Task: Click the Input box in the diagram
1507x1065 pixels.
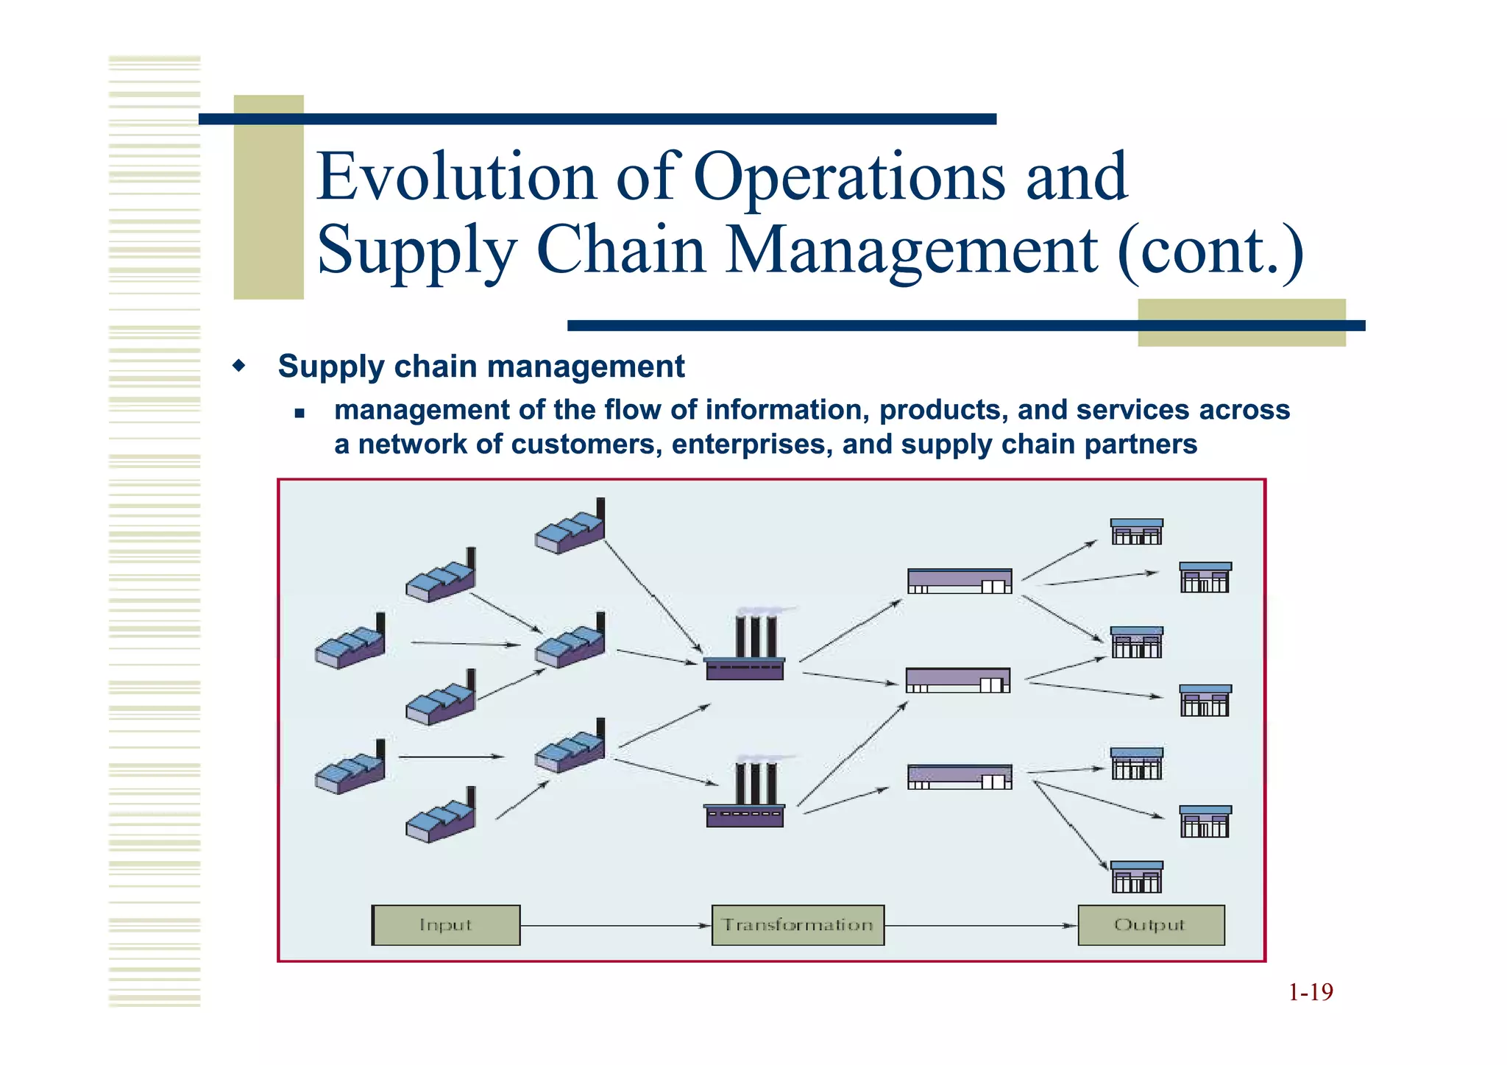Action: [x=446, y=925]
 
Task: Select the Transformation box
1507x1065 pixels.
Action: [x=798, y=925]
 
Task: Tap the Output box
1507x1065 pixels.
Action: [x=1151, y=925]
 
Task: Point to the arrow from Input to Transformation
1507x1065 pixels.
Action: [x=615, y=925]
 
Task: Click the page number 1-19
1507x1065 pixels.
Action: [x=1311, y=992]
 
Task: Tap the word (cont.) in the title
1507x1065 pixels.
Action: [x=1210, y=250]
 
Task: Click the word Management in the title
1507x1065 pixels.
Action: [x=912, y=250]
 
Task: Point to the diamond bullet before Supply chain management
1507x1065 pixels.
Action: [x=238, y=365]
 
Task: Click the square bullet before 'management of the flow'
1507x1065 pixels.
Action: [x=299, y=413]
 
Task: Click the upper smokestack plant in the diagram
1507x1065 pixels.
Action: [x=745, y=648]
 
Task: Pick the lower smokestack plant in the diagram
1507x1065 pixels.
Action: [x=745, y=796]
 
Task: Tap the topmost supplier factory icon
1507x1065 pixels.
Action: [x=570, y=527]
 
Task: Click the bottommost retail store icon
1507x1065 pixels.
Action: [x=1137, y=877]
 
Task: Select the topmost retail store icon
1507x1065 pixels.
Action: [x=1137, y=532]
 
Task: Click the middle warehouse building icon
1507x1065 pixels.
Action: [x=957, y=680]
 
